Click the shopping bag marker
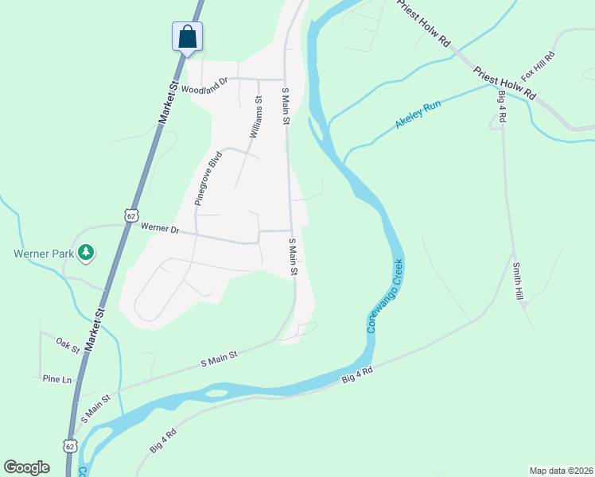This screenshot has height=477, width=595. [187, 37]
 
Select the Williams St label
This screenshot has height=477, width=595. [256, 118]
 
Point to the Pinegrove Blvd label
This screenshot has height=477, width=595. [208, 179]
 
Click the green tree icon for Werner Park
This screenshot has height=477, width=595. [85, 253]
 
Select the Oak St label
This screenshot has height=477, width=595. [68, 345]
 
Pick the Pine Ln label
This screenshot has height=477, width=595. [57, 380]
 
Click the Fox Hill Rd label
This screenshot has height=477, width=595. [537, 66]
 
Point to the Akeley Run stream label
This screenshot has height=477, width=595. [418, 116]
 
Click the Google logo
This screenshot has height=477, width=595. [26, 467]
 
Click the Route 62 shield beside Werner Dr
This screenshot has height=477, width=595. [131, 215]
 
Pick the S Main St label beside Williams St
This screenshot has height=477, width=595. [286, 107]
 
